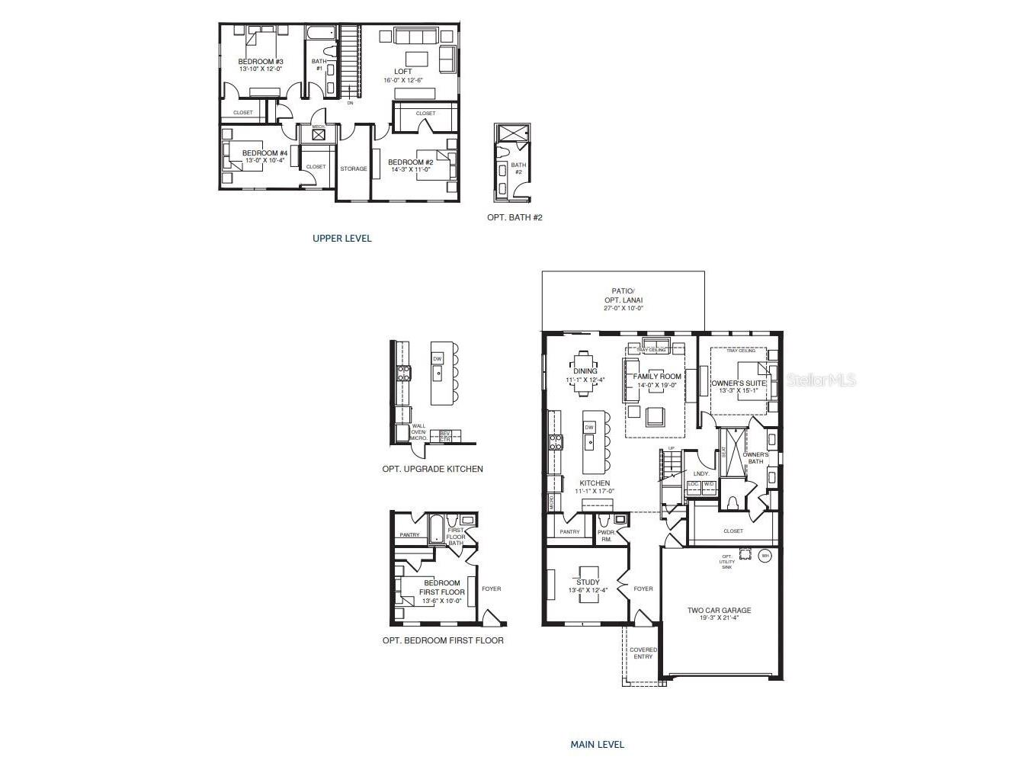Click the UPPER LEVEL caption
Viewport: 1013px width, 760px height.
coord(341,239)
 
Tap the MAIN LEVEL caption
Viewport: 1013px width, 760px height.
coord(597,745)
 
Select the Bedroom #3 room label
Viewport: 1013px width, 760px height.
coord(261,62)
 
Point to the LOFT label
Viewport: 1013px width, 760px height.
coord(402,72)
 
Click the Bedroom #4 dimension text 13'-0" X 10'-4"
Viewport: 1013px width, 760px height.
coord(263,161)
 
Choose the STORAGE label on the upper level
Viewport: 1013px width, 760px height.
coord(353,169)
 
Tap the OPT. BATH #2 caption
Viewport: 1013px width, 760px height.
coord(515,218)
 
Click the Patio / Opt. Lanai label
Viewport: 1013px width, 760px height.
coord(623,295)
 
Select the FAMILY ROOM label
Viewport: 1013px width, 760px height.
coord(657,377)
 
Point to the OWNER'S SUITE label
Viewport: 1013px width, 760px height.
coord(739,383)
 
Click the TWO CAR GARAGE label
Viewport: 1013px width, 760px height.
coord(719,611)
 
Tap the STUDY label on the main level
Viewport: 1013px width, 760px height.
coord(588,582)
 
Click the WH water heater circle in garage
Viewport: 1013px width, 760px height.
coord(765,556)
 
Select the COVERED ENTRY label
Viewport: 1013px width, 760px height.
coord(643,653)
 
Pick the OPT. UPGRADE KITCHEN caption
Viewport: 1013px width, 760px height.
coord(432,470)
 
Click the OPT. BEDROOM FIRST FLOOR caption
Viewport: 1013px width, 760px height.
coord(443,641)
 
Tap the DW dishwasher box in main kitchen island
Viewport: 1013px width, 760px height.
coord(589,428)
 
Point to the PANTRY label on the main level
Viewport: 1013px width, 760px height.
coord(569,532)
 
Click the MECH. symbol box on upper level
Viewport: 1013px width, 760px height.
coord(318,135)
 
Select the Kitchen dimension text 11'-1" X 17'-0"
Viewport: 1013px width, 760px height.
coord(595,492)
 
